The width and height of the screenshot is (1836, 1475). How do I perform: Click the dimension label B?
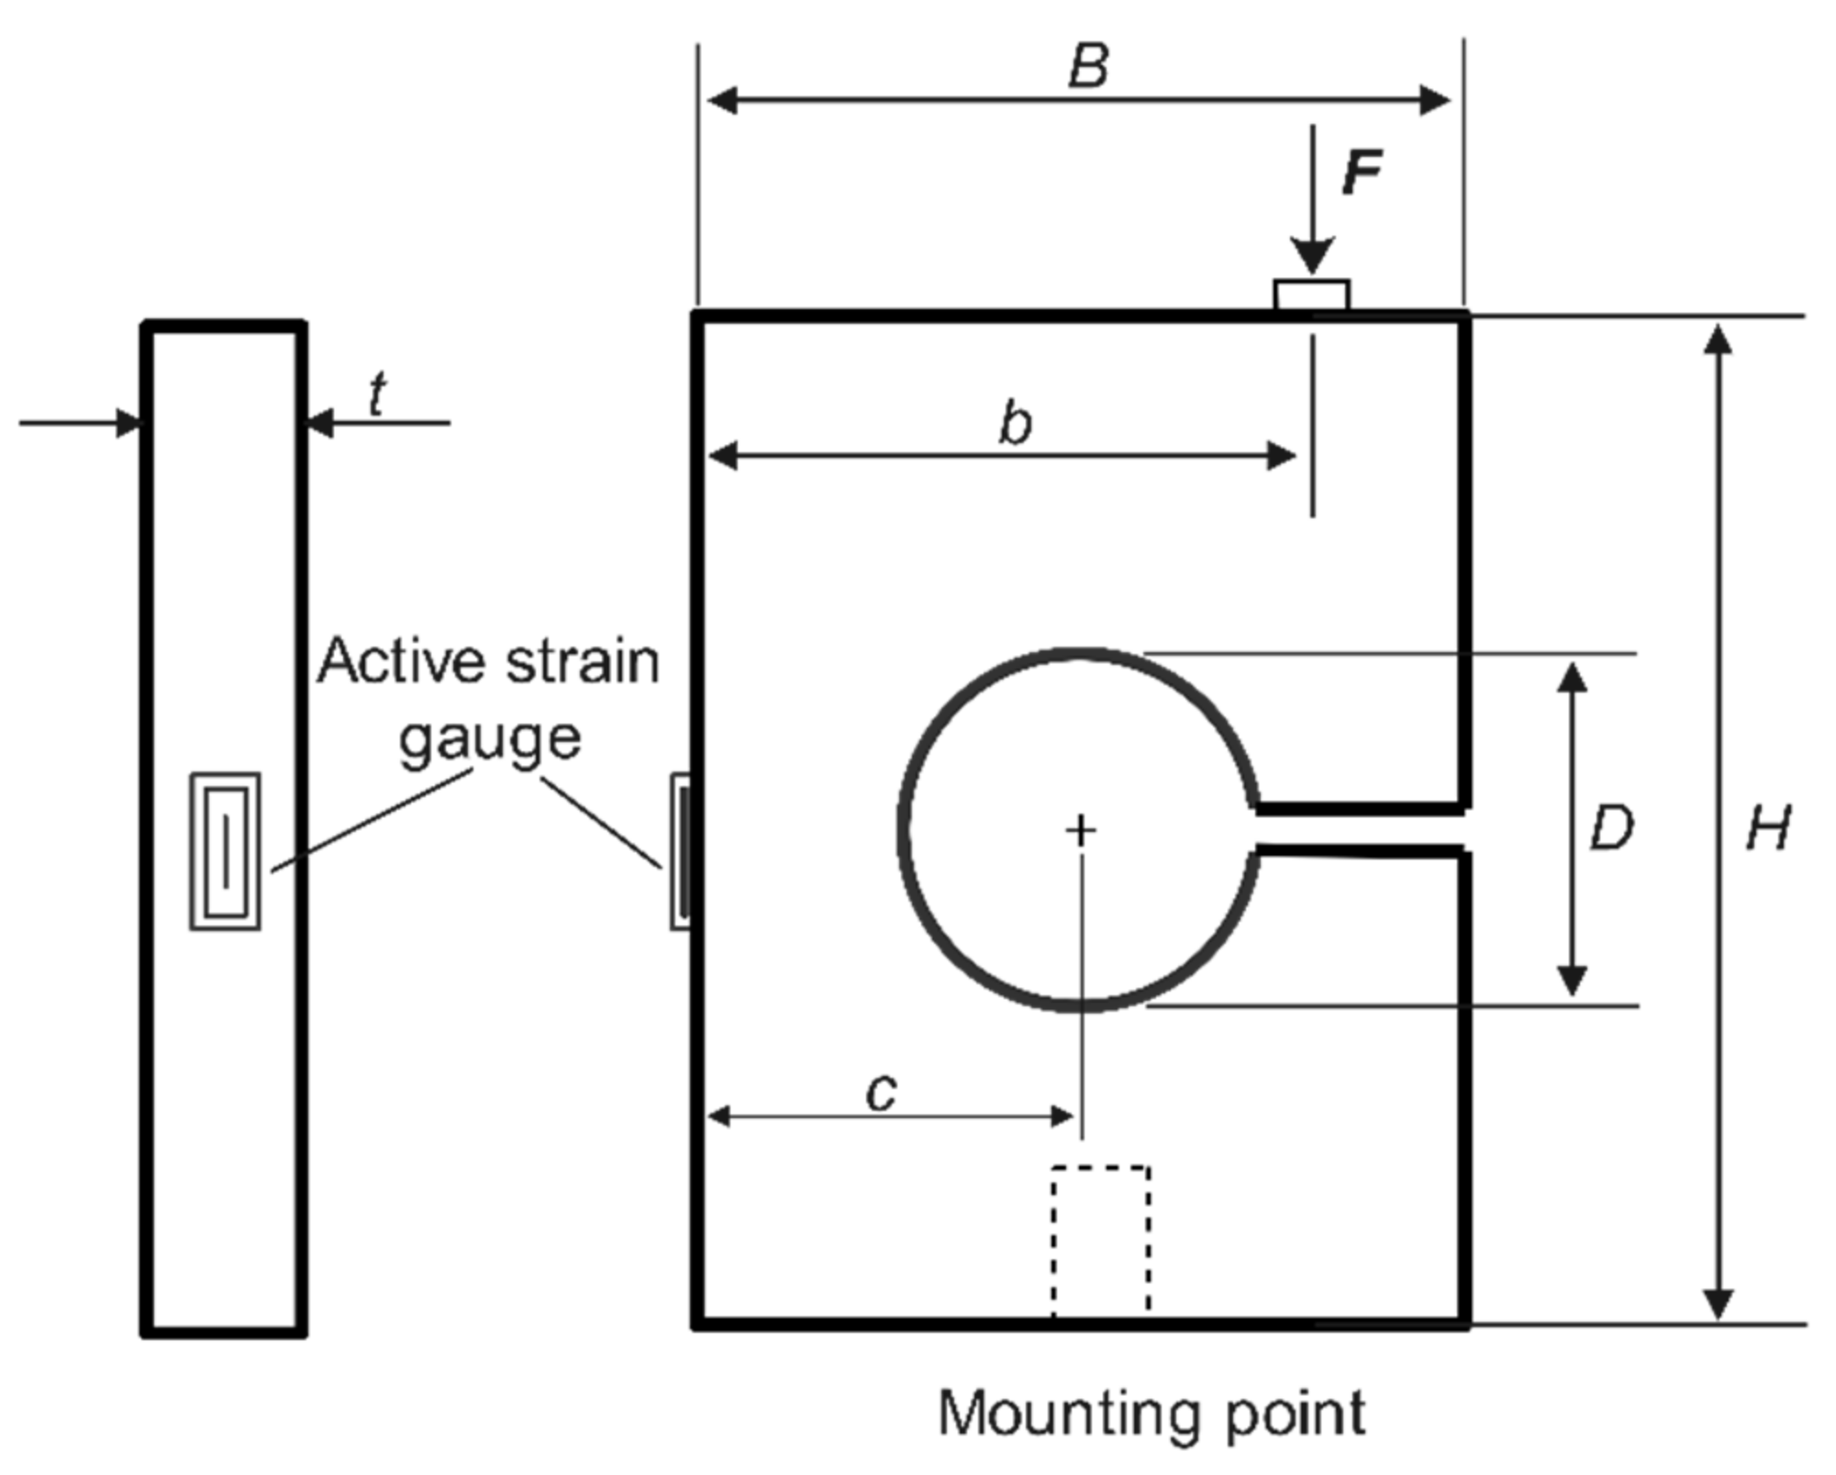(x=1089, y=66)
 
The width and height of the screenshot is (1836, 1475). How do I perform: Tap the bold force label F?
(x=1362, y=172)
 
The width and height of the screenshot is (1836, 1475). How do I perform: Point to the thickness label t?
(x=376, y=395)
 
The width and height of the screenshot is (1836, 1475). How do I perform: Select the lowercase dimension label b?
(x=1015, y=425)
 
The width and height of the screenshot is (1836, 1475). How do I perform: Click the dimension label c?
(x=882, y=1092)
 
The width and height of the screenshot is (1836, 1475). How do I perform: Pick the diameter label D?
(x=1611, y=827)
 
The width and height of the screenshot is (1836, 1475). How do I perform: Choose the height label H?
(x=1767, y=828)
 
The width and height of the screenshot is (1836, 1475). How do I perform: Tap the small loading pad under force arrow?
(x=1311, y=295)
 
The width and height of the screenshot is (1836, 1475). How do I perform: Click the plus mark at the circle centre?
(x=1081, y=830)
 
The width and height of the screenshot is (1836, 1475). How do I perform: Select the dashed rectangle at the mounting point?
(x=1100, y=1242)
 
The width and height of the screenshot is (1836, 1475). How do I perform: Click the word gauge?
(x=490, y=739)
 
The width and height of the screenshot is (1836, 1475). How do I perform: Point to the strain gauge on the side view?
(x=225, y=851)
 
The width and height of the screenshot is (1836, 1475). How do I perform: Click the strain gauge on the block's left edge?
(x=681, y=850)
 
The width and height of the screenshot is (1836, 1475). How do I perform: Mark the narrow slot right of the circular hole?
(x=1363, y=831)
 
